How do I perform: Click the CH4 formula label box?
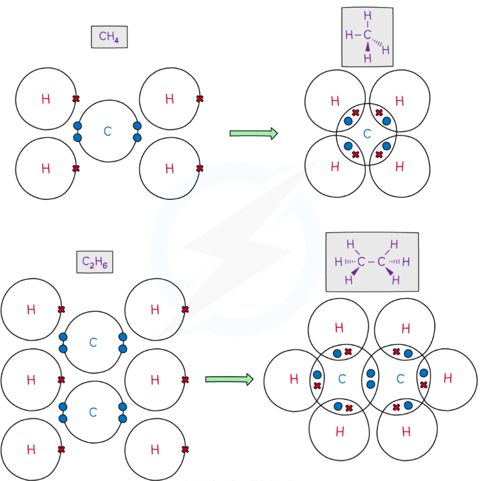tap(109, 37)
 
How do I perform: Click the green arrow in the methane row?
tap(253, 133)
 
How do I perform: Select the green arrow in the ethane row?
tap(229, 380)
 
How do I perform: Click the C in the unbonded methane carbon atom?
tap(108, 132)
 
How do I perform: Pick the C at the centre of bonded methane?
tap(367, 134)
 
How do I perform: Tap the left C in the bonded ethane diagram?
tap(342, 380)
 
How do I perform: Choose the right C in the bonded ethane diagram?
tap(400, 380)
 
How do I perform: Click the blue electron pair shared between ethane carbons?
tap(371, 379)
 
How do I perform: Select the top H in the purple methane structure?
tap(367, 16)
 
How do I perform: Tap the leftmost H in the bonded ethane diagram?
tap(294, 380)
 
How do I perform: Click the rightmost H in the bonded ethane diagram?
tap(448, 379)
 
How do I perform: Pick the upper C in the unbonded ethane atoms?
tap(93, 342)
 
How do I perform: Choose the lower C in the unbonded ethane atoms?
tap(93, 413)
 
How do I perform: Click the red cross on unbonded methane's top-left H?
tap(75, 99)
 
